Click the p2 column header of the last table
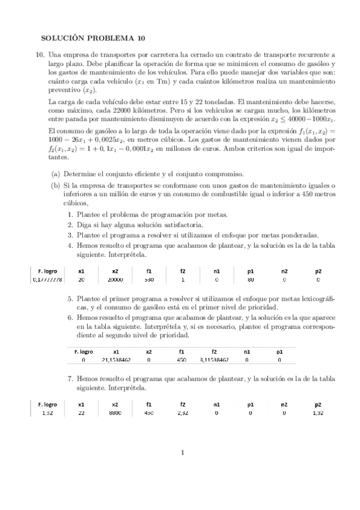319,404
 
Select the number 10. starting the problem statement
40,54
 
